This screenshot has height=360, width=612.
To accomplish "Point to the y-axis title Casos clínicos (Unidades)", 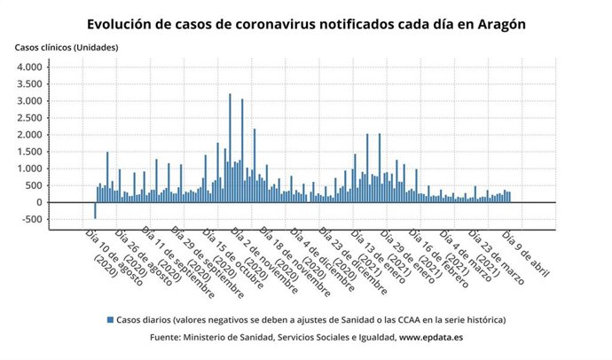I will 65,46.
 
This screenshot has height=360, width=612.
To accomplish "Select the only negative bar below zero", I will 96,210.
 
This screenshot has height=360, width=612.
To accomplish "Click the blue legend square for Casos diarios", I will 110,319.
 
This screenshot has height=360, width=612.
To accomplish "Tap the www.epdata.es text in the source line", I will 430,338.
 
